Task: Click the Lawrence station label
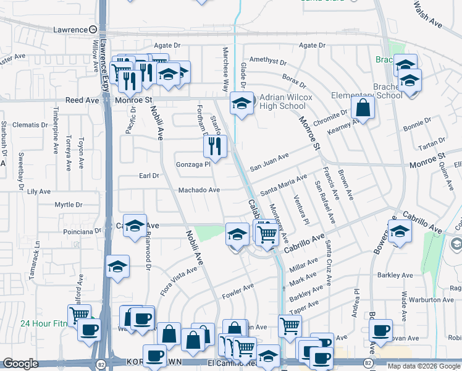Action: (70, 30)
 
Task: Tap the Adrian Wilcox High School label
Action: (282, 101)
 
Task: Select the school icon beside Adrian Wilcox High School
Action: (241, 103)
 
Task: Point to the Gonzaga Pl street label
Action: (194, 164)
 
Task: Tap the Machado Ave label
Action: (199, 190)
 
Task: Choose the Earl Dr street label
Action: (149, 176)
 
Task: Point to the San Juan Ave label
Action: (269, 163)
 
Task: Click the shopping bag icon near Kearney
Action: (363, 108)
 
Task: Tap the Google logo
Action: (21, 364)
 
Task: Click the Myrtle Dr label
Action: (68, 205)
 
